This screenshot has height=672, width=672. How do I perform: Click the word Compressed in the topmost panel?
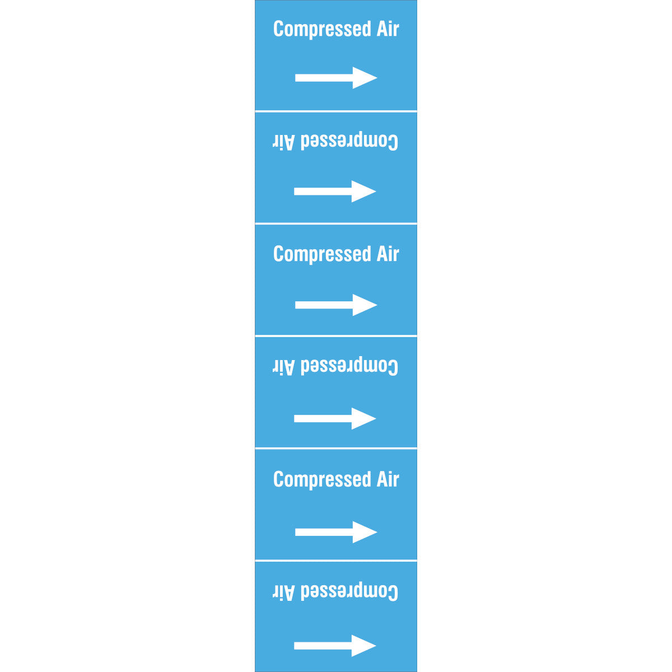pyautogui.click(x=322, y=29)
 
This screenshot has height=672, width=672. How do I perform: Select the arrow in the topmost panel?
pyautogui.click(x=336, y=78)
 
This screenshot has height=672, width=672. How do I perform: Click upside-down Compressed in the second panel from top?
pyautogui.click(x=349, y=141)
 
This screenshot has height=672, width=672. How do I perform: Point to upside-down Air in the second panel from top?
pyautogui.click(x=283, y=142)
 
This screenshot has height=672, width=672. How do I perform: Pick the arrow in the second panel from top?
pyautogui.click(x=335, y=191)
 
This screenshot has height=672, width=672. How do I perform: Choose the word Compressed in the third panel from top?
pyautogui.click(x=322, y=255)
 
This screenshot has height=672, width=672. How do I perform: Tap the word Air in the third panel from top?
pyautogui.click(x=388, y=254)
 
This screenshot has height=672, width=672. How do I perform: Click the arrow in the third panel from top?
pyautogui.click(x=336, y=305)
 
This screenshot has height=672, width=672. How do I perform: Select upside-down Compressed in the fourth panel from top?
pyautogui.click(x=349, y=366)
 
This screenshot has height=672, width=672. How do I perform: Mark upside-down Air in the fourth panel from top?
pyautogui.click(x=283, y=367)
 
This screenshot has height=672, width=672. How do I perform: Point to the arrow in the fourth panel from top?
pyautogui.click(x=335, y=418)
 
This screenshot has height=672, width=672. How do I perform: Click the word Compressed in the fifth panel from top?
pyautogui.click(x=322, y=480)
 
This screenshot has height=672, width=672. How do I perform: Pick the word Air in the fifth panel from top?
pyautogui.click(x=388, y=479)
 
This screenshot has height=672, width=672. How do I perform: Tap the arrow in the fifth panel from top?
pyautogui.click(x=336, y=532)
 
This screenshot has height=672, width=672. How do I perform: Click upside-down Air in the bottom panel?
pyautogui.click(x=283, y=592)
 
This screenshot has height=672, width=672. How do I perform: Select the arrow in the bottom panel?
pyautogui.click(x=335, y=646)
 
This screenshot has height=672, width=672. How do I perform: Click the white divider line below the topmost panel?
pyautogui.click(x=336, y=111)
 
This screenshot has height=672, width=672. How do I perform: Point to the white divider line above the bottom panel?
pyautogui.click(x=336, y=561)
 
